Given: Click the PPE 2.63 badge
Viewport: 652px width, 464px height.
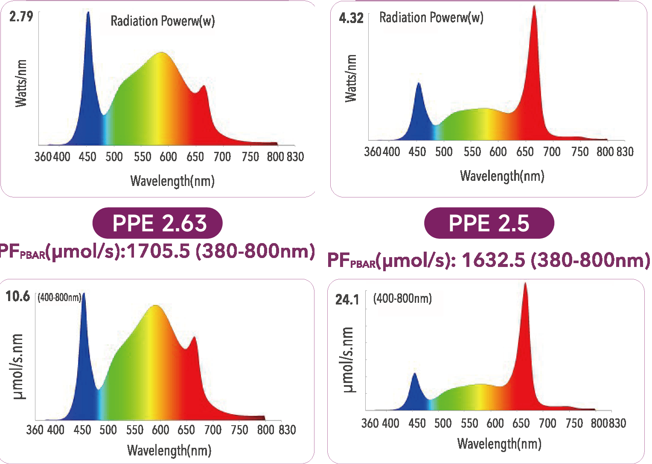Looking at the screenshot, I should pyautogui.click(x=157, y=223).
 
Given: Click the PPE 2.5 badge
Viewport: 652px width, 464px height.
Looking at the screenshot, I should pyautogui.click(x=489, y=223).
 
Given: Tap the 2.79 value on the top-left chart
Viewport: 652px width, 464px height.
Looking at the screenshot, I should pyautogui.click(x=21, y=17).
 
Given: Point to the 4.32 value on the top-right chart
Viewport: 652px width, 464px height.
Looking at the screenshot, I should pyautogui.click(x=351, y=18).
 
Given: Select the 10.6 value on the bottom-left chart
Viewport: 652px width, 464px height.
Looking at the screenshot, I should pyautogui.click(x=17, y=296).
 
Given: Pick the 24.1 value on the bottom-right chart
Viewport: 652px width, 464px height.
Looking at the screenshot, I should pyautogui.click(x=347, y=300).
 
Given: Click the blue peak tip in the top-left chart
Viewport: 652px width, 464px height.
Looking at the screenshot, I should pyautogui.click(x=88, y=13).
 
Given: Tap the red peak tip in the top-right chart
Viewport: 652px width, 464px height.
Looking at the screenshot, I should pyautogui.click(x=534, y=6).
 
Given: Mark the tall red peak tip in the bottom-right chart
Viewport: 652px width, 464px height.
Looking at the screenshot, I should pyautogui.click(x=525, y=284).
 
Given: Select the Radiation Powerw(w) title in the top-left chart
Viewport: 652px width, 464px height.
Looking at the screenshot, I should pyautogui.click(x=163, y=21).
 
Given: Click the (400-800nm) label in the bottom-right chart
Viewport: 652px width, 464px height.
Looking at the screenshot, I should pyautogui.click(x=402, y=298).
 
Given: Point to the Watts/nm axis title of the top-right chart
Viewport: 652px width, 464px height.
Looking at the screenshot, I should pyautogui.click(x=351, y=78).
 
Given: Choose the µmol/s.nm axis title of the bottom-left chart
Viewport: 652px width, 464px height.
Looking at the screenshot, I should pyautogui.click(x=19, y=367).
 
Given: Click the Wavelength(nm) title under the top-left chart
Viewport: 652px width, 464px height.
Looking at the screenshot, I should pyautogui.click(x=172, y=181).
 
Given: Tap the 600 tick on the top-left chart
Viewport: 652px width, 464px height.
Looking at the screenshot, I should pyautogui.click(x=168, y=157).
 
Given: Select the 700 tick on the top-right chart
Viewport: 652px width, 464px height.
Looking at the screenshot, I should pyautogui.click(x=552, y=152).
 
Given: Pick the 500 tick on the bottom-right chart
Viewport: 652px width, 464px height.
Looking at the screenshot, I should pyautogui.click(x=443, y=423).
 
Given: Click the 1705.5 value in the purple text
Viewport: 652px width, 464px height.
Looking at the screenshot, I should pyautogui.click(x=158, y=251).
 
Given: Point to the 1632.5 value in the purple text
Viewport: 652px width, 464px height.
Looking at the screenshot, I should pyautogui.click(x=493, y=260).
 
